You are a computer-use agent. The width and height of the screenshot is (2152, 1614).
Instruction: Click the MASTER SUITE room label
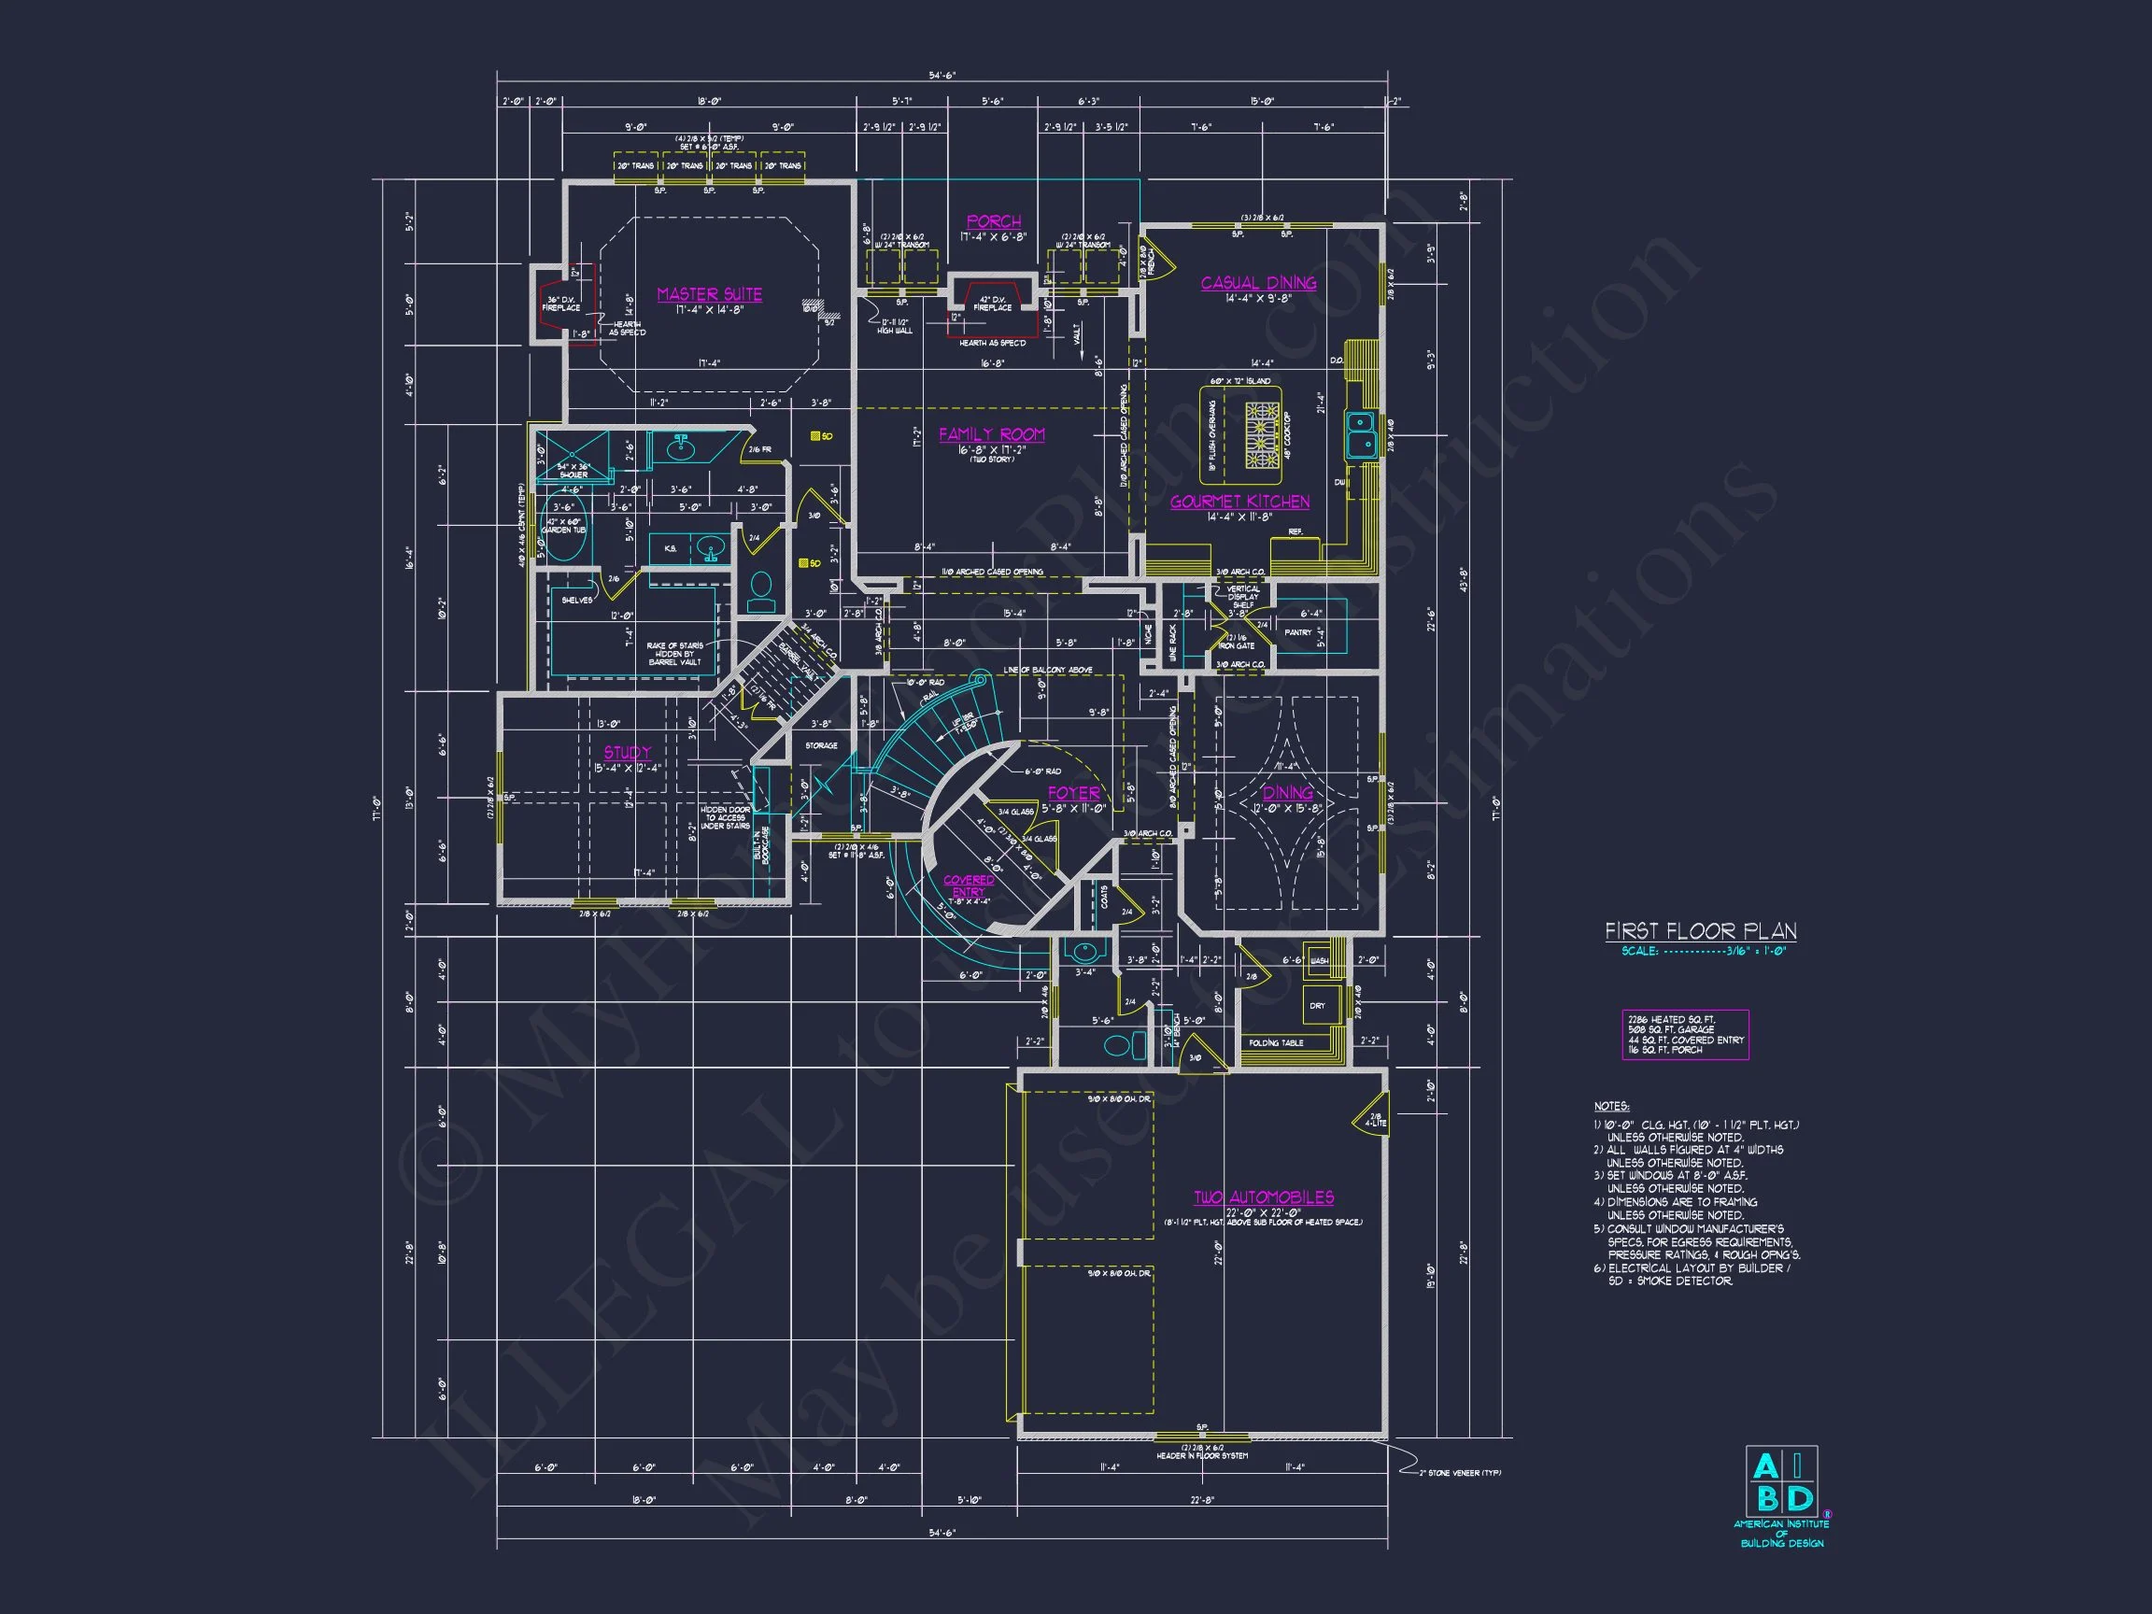[709, 295]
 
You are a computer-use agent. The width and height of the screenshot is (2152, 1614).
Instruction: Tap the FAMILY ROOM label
[991, 435]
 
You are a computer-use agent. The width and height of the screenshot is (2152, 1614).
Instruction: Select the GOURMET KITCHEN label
[1239, 502]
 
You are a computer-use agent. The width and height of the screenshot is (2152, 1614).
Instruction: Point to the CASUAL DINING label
[1258, 283]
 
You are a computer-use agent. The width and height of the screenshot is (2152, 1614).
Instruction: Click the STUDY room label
[628, 753]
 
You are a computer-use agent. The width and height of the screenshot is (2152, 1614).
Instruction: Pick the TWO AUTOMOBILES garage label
[1264, 1197]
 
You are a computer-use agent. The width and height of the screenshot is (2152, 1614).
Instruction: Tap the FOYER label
[1073, 794]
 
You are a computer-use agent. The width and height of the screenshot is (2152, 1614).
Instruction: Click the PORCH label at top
[993, 221]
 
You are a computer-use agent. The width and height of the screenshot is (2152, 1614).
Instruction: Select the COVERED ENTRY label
[969, 885]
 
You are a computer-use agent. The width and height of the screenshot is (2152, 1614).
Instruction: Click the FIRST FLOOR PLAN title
[1701, 931]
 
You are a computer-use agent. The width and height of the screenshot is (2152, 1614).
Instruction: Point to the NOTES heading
[1611, 1106]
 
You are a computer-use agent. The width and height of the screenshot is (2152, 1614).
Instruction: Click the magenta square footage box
[1685, 1034]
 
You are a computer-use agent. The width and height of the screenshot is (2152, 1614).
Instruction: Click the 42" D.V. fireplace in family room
[992, 304]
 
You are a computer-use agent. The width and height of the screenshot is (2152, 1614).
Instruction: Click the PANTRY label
[1297, 632]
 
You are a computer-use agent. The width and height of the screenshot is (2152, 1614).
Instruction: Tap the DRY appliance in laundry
[1317, 1006]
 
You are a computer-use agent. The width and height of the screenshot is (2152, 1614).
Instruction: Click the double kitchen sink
[1361, 435]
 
